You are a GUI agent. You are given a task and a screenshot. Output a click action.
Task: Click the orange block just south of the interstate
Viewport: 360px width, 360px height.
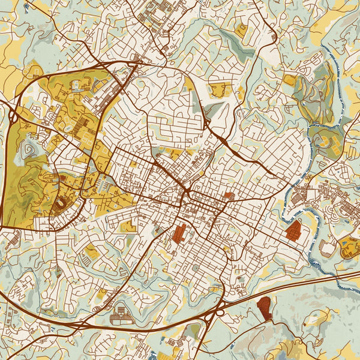[x=265, y=307]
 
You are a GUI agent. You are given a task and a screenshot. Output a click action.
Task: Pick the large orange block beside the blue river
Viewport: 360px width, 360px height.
[x=294, y=230]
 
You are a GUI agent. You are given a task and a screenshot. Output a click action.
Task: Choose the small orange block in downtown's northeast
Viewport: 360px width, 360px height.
[x=229, y=196]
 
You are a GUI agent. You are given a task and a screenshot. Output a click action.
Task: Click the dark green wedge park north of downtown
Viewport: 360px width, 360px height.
[x=212, y=110]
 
